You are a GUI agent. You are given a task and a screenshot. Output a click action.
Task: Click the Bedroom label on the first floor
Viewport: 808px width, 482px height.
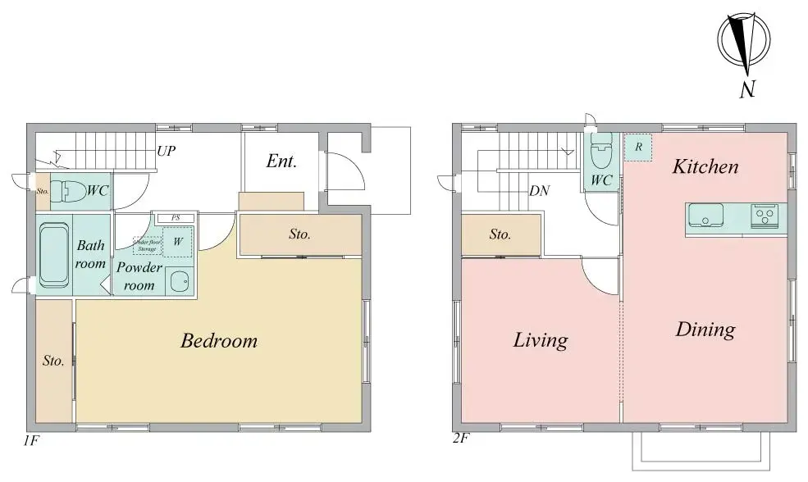pyautogui.click(x=218, y=341)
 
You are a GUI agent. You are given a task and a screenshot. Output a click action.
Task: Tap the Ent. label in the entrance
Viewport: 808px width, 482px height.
pyautogui.click(x=281, y=161)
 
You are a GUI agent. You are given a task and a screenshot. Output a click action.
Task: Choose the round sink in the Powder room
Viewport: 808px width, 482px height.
pyautogui.click(x=177, y=283)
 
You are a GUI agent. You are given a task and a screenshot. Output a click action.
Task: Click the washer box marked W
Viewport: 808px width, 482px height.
pyautogui.click(x=178, y=242)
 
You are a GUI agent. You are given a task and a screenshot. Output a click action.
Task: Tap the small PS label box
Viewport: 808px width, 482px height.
pyautogui.click(x=175, y=218)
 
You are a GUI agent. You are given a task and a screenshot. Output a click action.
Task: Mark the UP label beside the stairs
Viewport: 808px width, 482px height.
pyautogui.click(x=167, y=152)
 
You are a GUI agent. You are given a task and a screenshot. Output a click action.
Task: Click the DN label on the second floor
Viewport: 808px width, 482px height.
pyautogui.click(x=539, y=191)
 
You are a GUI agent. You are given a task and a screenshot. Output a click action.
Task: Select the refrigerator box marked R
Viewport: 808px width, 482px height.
pyautogui.click(x=638, y=148)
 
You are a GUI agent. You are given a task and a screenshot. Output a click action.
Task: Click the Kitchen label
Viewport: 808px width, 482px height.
pyautogui.click(x=705, y=167)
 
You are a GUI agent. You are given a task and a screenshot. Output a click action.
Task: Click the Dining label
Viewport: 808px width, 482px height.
pyautogui.click(x=705, y=330)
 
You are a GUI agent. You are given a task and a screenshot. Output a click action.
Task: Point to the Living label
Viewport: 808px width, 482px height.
pyautogui.click(x=540, y=339)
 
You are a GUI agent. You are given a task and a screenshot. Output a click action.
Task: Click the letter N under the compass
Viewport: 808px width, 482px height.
pyautogui.click(x=746, y=90)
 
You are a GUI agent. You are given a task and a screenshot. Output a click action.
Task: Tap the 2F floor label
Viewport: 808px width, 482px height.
pyautogui.click(x=460, y=439)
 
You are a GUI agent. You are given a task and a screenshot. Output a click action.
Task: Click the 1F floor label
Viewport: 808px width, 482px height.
pyautogui.click(x=30, y=440)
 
